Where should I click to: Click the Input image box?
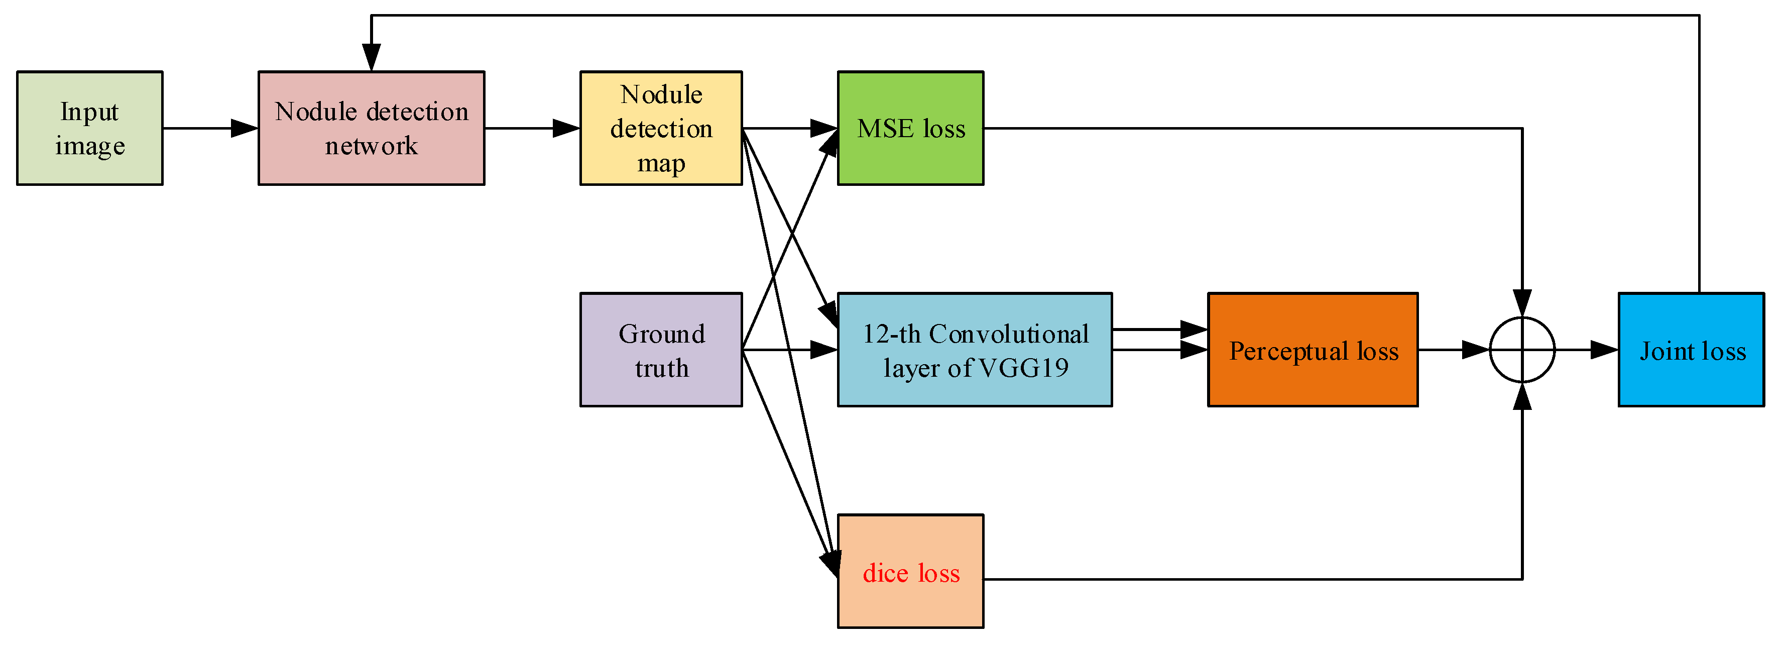coord(89,128)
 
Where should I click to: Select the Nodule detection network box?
coord(371,128)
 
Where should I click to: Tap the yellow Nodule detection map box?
coord(661,128)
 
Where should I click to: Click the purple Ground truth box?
coord(661,350)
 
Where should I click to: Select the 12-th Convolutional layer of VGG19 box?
coord(975,350)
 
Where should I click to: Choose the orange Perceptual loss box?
coord(1313,350)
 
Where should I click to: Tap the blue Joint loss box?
coord(1691,350)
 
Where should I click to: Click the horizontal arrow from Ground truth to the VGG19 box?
coord(789,350)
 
